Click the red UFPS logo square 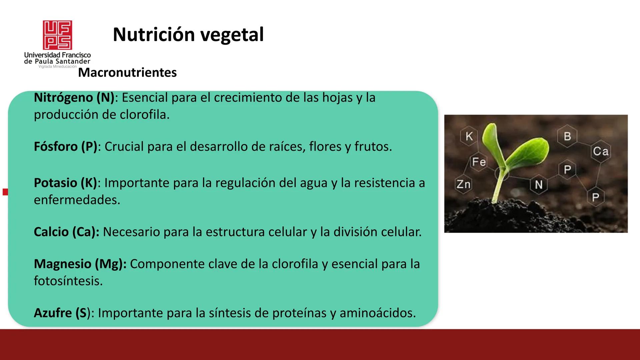click(x=57, y=35)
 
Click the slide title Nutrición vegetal click(x=188, y=35)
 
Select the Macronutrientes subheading click(x=127, y=73)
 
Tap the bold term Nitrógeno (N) click(x=74, y=98)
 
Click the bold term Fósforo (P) click(x=65, y=147)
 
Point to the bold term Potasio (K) click(x=65, y=183)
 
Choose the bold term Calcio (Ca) click(x=66, y=232)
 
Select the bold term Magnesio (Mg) click(x=80, y=264)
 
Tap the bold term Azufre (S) click(x=62, y=313)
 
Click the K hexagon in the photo click(x=469, y=136)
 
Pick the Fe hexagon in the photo click(x=479, y=162)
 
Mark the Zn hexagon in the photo click(x=463, y=184)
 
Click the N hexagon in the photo click(x=539, y=185)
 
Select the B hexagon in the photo click(x=567, y=136)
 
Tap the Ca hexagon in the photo click(x=601, y=151)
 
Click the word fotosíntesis click(x=68, y=281)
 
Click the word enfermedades click(x=77, y=200)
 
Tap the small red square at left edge click(x=5, y=192)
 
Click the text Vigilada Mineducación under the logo click(x=57, y=67)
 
